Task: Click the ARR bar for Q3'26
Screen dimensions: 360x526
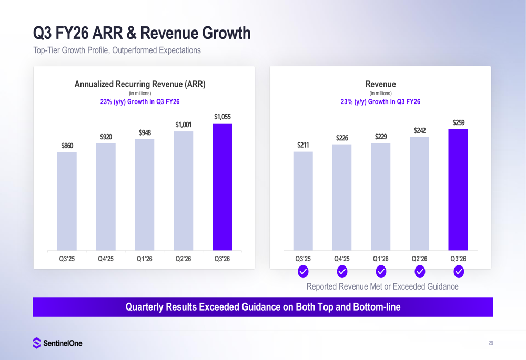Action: point(222,187)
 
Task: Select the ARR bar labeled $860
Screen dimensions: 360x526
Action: point(67,201)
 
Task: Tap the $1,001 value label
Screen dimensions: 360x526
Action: point(184,125)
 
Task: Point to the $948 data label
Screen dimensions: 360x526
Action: point(145,132)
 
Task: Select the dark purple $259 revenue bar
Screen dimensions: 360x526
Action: point(458,189)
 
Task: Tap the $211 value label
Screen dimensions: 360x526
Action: point(303,145)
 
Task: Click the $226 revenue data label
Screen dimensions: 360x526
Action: point(342,138)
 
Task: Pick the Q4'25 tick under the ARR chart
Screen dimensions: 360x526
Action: point(106,259)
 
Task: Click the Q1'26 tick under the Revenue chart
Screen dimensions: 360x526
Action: point(380,259)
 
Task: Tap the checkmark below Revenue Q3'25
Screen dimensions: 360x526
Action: point(303,271)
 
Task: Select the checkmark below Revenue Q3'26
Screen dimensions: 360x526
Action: point(458,271)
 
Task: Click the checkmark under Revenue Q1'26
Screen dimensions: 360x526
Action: point(381,271)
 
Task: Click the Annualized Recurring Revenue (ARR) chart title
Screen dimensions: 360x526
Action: point(140,84)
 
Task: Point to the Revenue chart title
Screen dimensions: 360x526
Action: point(380,84)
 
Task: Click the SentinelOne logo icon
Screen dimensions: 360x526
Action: point(36,343)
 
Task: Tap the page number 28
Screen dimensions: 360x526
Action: point(490,343)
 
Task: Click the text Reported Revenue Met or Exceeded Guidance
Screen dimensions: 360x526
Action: point(382,286)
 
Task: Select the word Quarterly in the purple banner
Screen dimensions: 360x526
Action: point(147,307)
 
